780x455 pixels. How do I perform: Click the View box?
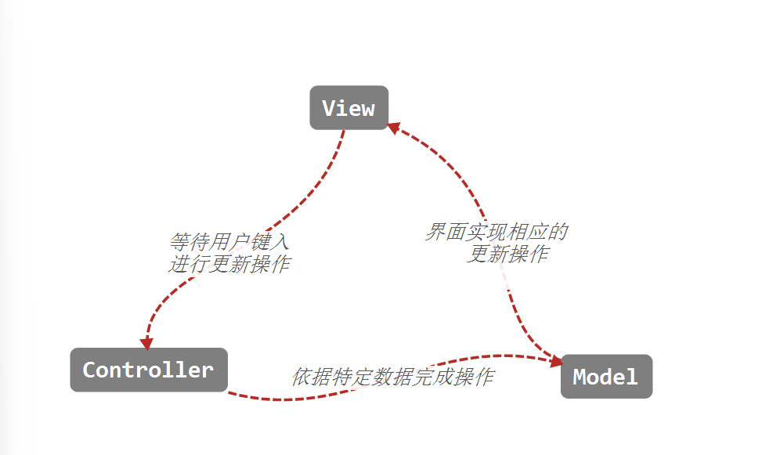tap(348, 108)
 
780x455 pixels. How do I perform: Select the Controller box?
tap(148, 370)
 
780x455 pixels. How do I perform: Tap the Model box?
tap(605, 377)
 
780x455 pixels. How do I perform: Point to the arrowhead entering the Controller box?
tap(146, 343)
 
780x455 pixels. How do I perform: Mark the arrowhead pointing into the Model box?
tap(556, 360)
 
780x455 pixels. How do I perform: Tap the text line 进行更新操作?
tap(229, 264)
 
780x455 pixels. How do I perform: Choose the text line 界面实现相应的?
tap(497, 232)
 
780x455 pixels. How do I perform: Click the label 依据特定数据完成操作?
tap(392, 377)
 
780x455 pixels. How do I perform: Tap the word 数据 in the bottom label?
tap(392, 377)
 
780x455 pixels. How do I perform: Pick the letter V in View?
tap(329, 108)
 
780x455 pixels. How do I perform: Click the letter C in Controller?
tap(89, 370)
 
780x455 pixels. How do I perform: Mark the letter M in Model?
tap(580, 377)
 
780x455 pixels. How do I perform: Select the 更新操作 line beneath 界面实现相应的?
tap(507, 254)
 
